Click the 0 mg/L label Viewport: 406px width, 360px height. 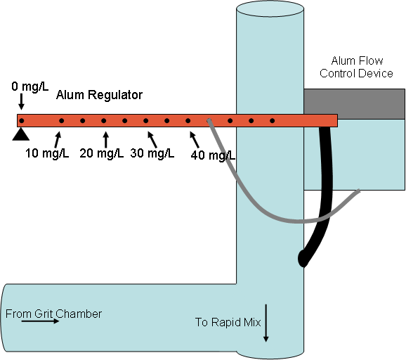pyautogui.click(x=30, y=86)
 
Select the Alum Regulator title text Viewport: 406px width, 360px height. pyautogui.click(x=99, y=95)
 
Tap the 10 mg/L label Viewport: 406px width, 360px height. pyautogui.click(x=47, y=153)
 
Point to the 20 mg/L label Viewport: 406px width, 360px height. pyautogui.click(x=101, y=153)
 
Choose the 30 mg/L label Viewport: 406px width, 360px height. pyautogui.click(x=152, y=153)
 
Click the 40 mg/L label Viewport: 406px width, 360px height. pyautogui.click(x=213, y=155)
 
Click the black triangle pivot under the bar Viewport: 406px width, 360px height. pyautogui.click(x=21, y=134)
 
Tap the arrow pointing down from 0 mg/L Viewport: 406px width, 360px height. pyautogui.click(x=21, y=101)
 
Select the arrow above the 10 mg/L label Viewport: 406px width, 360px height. pyautogui.click(x=58, y=140)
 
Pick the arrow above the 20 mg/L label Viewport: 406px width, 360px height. pyautogui.click(x=105, y=140)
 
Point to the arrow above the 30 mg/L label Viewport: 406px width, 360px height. pyautogui.click(x=152, y=140)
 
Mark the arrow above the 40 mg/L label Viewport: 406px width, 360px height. pyautogui.click(x=195, y=140)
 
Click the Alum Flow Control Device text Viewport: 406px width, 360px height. pyautogui.click(x=357, y=67)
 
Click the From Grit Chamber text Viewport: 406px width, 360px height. pyautogui.click(x=53, y=314)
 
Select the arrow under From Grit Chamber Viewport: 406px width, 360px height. pyautogui.click(x=41, y=321)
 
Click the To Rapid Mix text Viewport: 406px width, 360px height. pyautogui.click(x=228, y=322)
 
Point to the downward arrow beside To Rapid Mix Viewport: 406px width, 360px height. pyautogui.click(x=266, y=323)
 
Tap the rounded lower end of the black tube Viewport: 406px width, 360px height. pyautogui.click(x=303, y=258)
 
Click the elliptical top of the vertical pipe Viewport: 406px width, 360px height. pyautogui.click(x=270, y=9)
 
